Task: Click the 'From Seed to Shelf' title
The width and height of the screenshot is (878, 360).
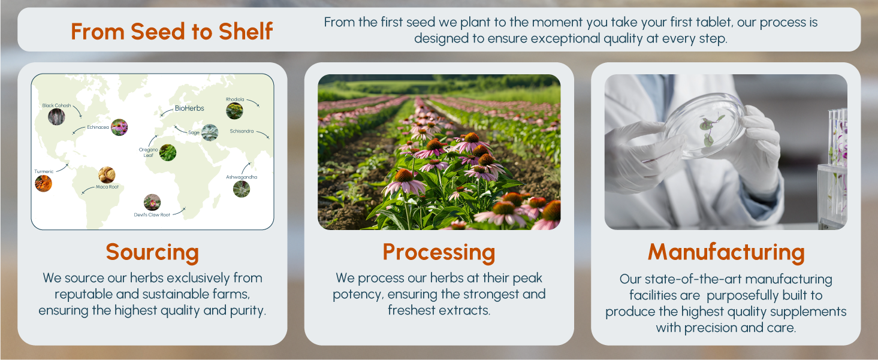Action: [x=171, y=31]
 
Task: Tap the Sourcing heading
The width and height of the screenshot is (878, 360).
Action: [x=152, y=252]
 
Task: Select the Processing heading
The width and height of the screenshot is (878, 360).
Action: [x=439, y=252]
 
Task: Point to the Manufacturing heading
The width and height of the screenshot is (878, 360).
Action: [x=726, y=252]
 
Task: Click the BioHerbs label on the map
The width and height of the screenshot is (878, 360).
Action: [x=189, y=108]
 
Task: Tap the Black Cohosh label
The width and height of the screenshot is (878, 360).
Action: [x=56, y=105]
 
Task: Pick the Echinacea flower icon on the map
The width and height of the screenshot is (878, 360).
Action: [x=119, y=128]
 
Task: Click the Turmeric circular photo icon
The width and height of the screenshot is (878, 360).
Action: [x=44, y=183]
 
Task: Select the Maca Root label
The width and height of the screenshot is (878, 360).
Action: [x=107, y=187]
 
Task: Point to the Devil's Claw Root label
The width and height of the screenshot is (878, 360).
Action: [x=152, y=214]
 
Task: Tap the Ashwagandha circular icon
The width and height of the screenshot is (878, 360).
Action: [x=242, y=189]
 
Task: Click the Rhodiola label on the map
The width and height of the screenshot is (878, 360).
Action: [x=235, y=99]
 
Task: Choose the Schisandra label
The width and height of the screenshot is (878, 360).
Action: [x=242, y=131]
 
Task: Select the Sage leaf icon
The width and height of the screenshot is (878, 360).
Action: [x=210, y=132]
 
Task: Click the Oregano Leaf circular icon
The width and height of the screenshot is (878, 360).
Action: [x=168, y=152]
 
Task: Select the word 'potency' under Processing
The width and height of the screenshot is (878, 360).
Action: [x=358, y=295]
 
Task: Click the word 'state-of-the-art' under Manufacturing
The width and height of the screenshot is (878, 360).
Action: [x=680, y=279]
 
